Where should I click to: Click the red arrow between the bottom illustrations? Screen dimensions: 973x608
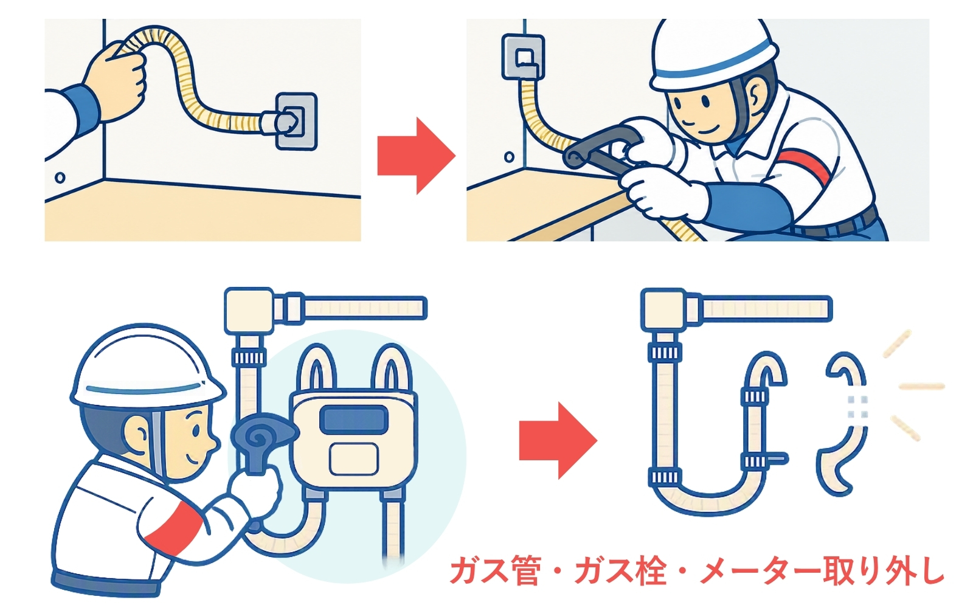[558, 440]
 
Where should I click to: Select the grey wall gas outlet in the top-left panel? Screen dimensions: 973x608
[296, 122]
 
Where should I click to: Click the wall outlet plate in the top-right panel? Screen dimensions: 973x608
[523, 57]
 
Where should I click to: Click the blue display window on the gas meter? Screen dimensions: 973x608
[353, 420]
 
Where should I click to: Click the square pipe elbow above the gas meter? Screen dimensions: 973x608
[249, 310]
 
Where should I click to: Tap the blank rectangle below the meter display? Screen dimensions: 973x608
[353, 458]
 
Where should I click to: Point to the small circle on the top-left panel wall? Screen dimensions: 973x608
[60, 177]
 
